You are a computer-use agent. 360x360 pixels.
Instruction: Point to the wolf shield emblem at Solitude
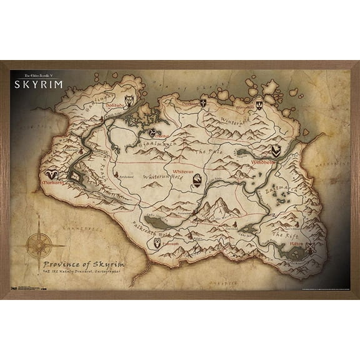(129, 100)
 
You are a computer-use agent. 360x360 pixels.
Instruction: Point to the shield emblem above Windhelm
(276, 151)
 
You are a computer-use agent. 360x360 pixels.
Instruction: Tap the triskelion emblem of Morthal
(153, 132)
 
